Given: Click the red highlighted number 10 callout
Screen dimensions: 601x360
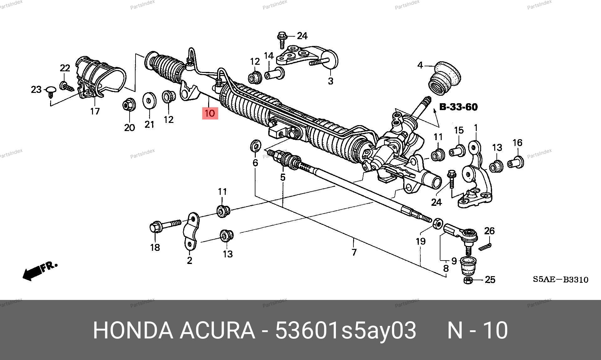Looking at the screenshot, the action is [210, 113].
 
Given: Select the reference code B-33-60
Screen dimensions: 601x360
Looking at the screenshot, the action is [459, 107].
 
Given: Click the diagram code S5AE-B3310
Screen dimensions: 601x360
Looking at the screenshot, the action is [561, 280].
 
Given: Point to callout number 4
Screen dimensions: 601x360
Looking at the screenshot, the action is [420, 65].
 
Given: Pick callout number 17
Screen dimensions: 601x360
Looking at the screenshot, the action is [95, 111].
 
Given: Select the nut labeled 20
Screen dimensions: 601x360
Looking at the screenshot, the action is [128, 104].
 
